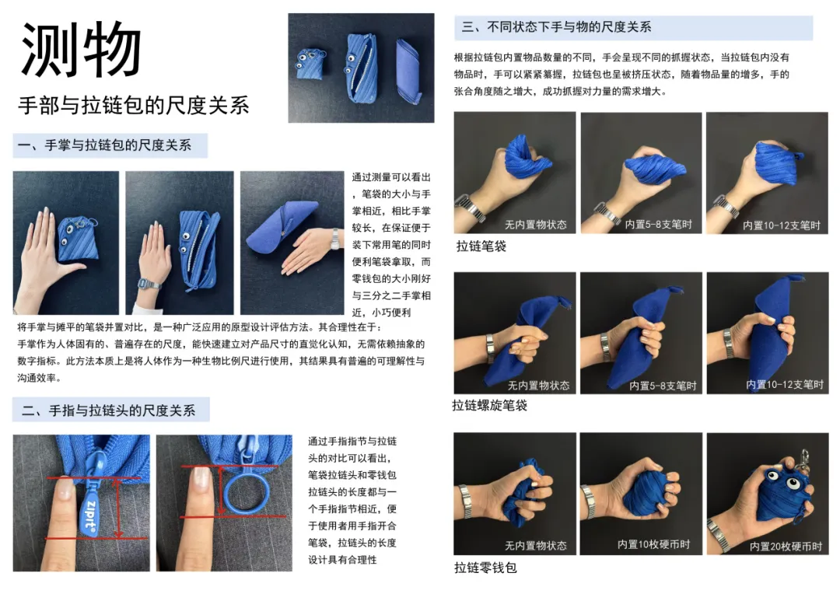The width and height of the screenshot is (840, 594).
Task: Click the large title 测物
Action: click(x=80, y=49)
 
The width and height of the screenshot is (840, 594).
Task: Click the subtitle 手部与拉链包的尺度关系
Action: click(x=134, y=105)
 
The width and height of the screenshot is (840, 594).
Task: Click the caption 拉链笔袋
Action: click(x=481, y=246)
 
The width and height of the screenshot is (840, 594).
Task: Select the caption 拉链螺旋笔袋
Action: click(x=490, y=405)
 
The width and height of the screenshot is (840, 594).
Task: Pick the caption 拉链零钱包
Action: click(x=485, y=568)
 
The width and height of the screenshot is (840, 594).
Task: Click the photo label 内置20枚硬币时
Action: click(x=786, y=547)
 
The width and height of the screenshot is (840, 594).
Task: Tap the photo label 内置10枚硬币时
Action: click(x=653, y=544)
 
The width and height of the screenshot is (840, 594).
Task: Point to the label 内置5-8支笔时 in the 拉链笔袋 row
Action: click(x=659, y=225)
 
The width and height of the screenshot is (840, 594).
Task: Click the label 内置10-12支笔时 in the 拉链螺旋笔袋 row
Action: click(x=785, y=384)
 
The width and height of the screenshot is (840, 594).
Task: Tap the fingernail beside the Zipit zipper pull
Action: click(x=65, y=488)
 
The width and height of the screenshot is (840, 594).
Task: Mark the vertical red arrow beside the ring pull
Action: click(x=222, y=490)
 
